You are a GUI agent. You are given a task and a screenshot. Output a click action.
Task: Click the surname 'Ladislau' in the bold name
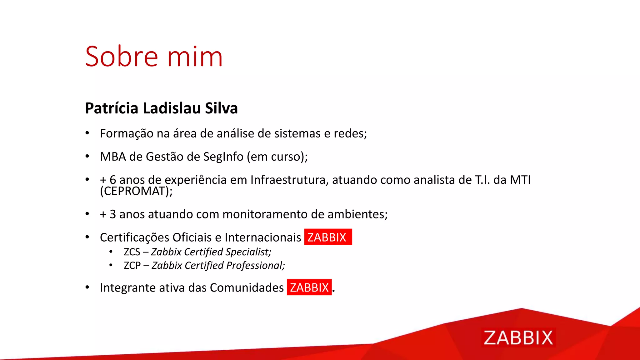pos(172,108)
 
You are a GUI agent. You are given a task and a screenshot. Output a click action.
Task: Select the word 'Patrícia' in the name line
pos(112,108)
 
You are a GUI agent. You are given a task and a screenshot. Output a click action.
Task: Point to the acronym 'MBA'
pos(113,157)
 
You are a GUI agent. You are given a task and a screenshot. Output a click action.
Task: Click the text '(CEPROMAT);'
pos(136,191)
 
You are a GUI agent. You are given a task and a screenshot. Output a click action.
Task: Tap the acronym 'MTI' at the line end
pos(520,180)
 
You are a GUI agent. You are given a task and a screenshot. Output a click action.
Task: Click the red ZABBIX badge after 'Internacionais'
pos(328,237)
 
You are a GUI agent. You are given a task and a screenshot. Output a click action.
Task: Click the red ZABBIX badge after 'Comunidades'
pos(309,287)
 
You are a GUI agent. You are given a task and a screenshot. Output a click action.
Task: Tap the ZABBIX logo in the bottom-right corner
pos(518,337)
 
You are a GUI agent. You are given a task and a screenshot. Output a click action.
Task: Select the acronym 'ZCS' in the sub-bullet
pos(132,252)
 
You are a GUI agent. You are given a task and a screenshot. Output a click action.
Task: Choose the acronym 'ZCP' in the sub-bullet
pos(132,265)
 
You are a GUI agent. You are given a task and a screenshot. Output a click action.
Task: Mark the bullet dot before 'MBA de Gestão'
pos(87,156)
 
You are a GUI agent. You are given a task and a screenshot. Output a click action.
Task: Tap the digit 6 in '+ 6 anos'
pos(113,180)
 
